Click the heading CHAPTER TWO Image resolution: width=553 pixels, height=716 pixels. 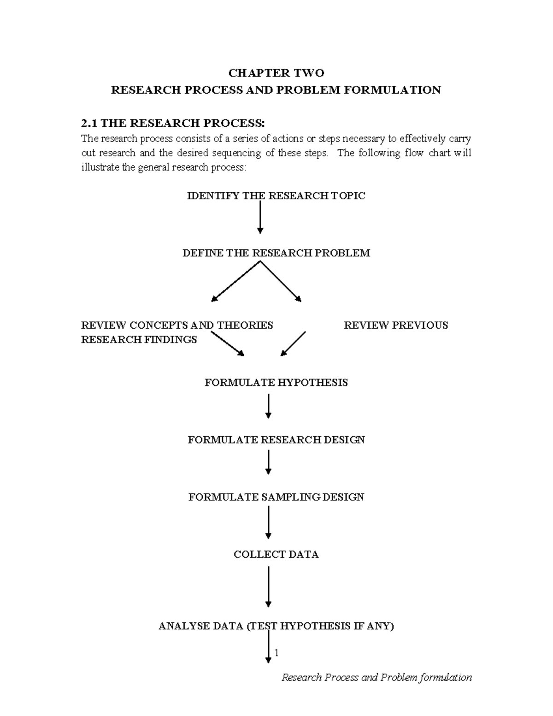tap(276, 73)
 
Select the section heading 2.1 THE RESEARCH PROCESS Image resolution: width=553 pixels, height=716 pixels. tap(173, 123)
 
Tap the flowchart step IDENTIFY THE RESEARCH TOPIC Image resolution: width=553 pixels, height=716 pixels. tap(276, 196)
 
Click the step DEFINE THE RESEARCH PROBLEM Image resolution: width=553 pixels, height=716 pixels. tap(276, 253)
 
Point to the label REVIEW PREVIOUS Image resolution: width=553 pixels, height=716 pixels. tap(395, 325)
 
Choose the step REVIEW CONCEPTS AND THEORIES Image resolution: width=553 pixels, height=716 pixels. tap(177, 325)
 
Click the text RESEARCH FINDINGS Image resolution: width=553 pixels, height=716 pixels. tap(139, 340)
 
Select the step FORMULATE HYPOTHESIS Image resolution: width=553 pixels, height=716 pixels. tap(276, 383)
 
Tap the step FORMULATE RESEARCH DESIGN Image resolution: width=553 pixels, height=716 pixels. tap(276, 440)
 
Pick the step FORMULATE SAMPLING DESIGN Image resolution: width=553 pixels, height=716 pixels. tap(276, 497)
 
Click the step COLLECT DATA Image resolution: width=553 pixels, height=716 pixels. tap(276, 554)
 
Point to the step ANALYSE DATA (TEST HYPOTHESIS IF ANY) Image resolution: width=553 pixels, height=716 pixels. tap(276, 626)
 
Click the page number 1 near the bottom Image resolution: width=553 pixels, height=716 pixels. tap(276, 653)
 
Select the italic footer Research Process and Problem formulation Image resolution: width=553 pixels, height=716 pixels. tap(377, 677)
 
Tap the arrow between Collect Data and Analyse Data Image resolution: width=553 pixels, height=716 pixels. tap(268, 586)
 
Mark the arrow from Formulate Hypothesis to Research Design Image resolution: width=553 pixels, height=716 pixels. tap(268, 406)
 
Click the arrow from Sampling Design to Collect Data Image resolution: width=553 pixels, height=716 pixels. tap(268, 522)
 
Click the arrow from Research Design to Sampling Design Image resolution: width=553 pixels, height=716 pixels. tap(268, 462)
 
